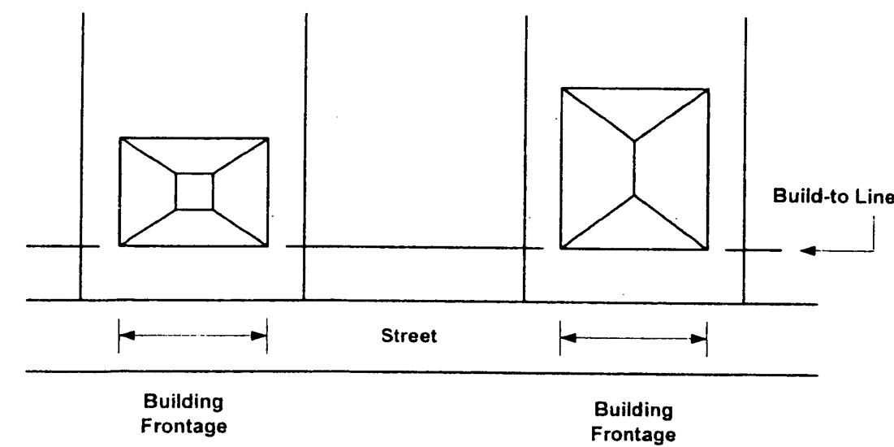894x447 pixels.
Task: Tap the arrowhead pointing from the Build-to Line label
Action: pyautogui.click(x=805, y=250)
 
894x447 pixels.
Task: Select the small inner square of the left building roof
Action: pyautogui.click(x=195, y=192)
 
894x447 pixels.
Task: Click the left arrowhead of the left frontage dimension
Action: pyautogui.click(x=124, y=336)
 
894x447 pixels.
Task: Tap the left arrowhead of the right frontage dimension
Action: pyautogui.click(x=566, y=336)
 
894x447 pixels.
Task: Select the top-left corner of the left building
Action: pyautogui.click(x=120, y=138)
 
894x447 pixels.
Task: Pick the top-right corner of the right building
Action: pyautogui.click(x=709, y=88)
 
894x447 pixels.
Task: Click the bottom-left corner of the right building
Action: pyautogui.click(x=561, y=248)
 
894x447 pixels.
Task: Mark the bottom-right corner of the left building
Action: pyautogui.click(x=267, y=245)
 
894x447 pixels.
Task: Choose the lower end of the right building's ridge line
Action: pyautogui.click(x=634, y=196)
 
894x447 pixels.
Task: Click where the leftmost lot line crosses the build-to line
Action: pyautogui.click(x=81, y=246)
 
